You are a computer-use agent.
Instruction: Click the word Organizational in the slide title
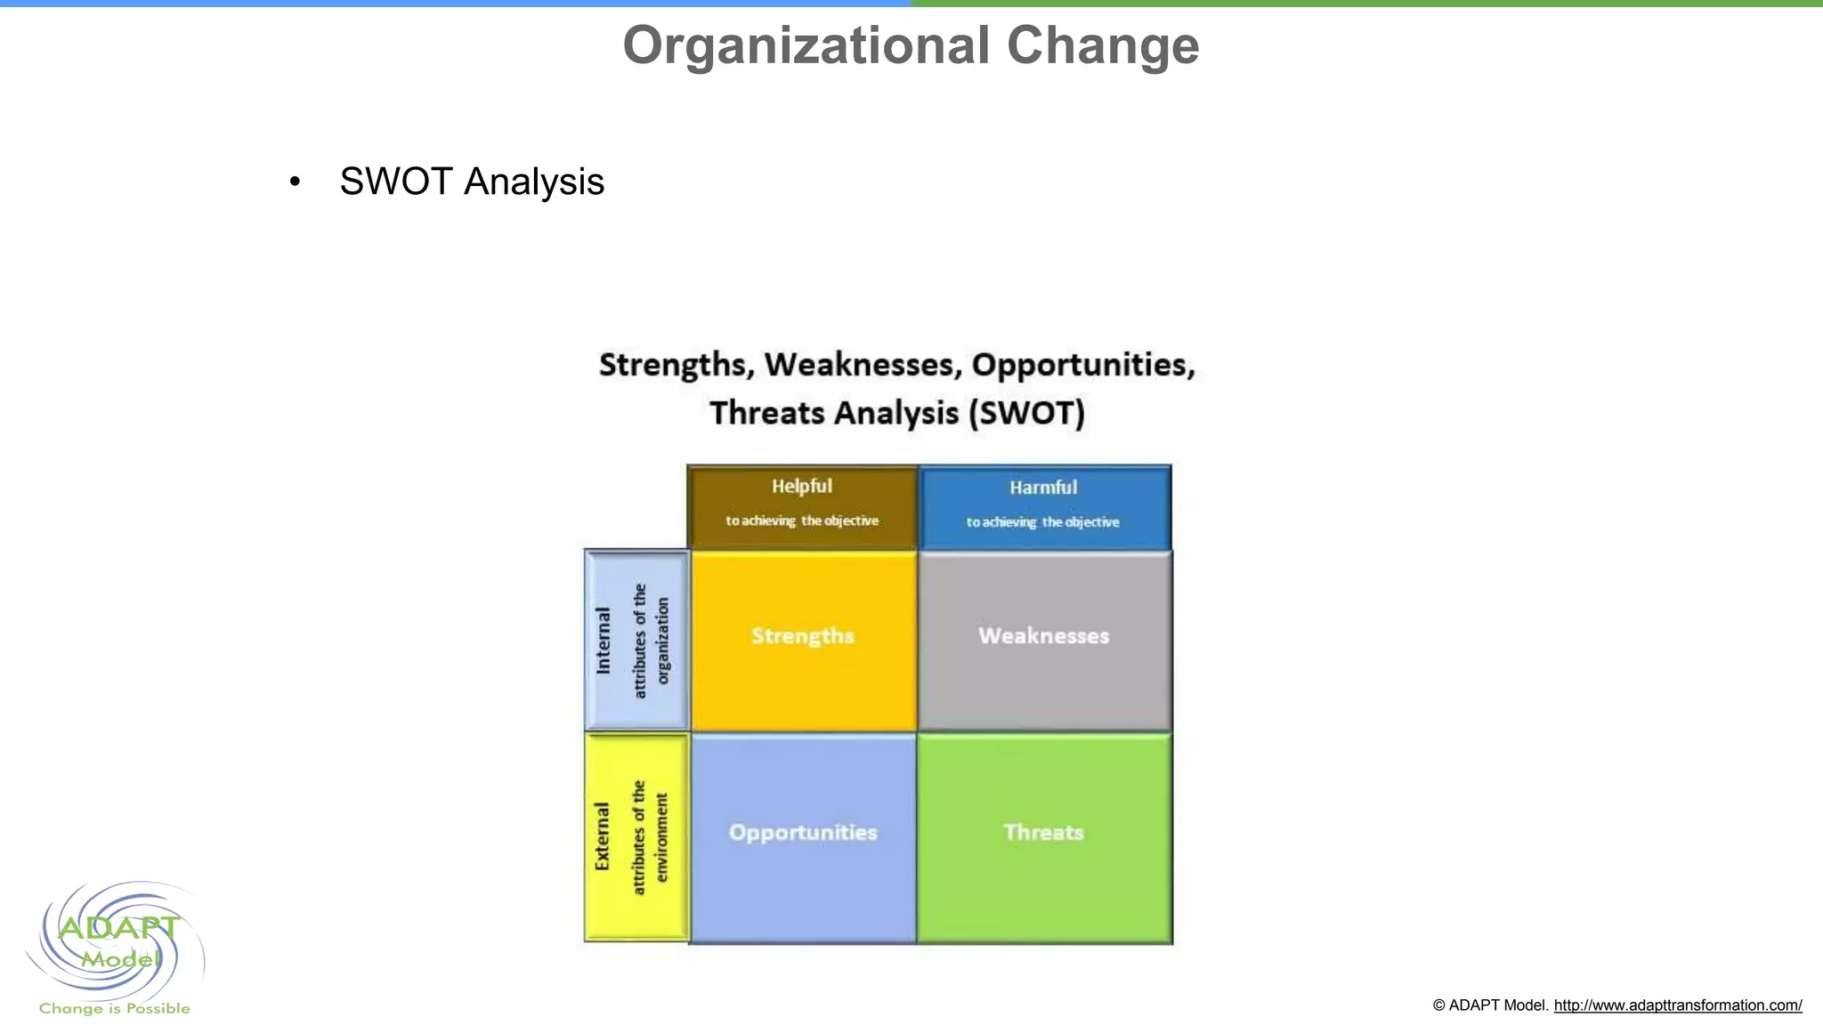pos(806,45)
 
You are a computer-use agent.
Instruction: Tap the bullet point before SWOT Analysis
pos(295,182)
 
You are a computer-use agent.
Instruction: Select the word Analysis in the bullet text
pos(534,182)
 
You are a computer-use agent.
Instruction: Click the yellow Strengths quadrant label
pos(802,635)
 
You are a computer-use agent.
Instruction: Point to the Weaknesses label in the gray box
pos(1043,635)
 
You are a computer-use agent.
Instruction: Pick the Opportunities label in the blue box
pos(803,832)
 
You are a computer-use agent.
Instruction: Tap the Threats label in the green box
pos(1043,832)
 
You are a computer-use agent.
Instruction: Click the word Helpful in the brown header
pos(801,486)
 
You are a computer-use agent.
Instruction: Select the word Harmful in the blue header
pos(1043,487)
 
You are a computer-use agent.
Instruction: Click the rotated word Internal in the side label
pos(604,641)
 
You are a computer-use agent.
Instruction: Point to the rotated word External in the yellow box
pos(603,836)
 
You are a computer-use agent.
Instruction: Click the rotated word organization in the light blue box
pos(662,641)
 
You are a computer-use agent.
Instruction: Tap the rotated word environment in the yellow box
pos(661,837)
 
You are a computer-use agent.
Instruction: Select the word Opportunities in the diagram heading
pos(1082,365)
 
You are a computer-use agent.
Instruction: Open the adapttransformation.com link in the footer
pos(1677,1005)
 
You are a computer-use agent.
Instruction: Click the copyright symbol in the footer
pos(1438,1005)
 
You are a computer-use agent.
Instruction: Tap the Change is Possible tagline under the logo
pos(114,1008)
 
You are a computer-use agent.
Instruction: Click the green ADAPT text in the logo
pos(118,928)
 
